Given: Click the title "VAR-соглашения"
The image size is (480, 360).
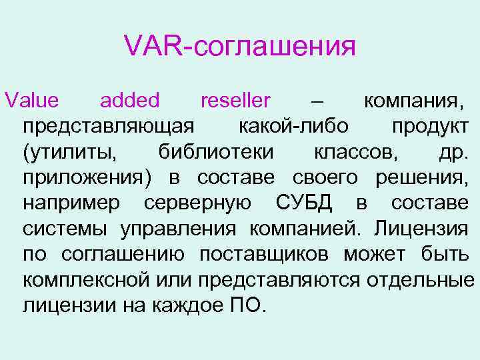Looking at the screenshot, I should (239, 47).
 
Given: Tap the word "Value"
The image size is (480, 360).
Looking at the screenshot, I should (31, 101).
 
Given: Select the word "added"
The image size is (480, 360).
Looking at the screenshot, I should (129, 101).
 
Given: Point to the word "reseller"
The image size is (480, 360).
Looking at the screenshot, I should (235, 101).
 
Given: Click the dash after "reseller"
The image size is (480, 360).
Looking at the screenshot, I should (318, 101).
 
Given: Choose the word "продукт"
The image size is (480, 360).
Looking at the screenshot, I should (430, 127).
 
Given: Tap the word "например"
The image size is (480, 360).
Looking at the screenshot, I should (72, 204).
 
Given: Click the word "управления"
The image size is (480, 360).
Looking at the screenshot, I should (178, 229).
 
